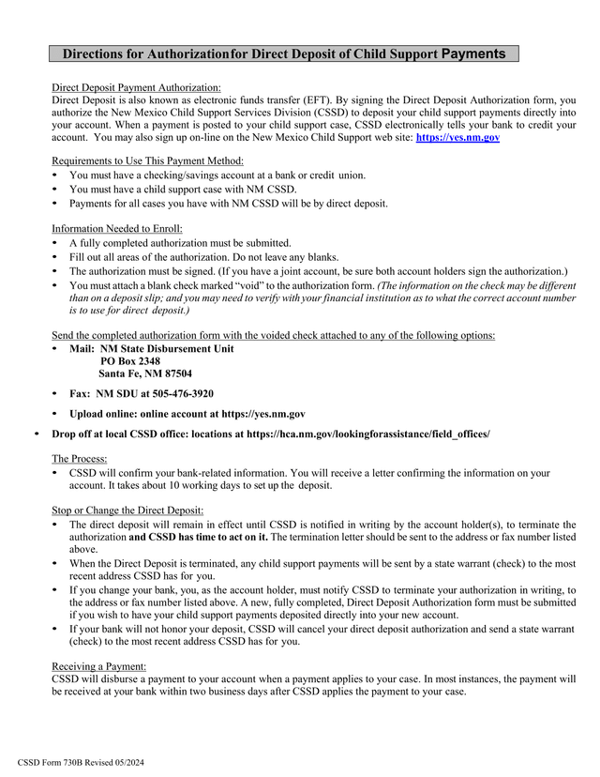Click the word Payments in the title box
(473, 53)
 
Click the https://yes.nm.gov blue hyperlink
(457, 137)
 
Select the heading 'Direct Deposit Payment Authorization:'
(136, 86)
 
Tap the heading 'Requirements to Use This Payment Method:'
(147, 160)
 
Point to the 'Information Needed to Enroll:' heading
(116, 228)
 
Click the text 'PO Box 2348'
(129, 361)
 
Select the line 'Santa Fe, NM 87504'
(145, 373)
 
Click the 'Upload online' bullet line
(187, 414)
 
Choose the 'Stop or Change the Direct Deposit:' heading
(128, 510)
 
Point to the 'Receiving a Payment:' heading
(98, 665)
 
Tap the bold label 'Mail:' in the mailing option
(82, 349)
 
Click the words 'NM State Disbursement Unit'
(167, 349)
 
